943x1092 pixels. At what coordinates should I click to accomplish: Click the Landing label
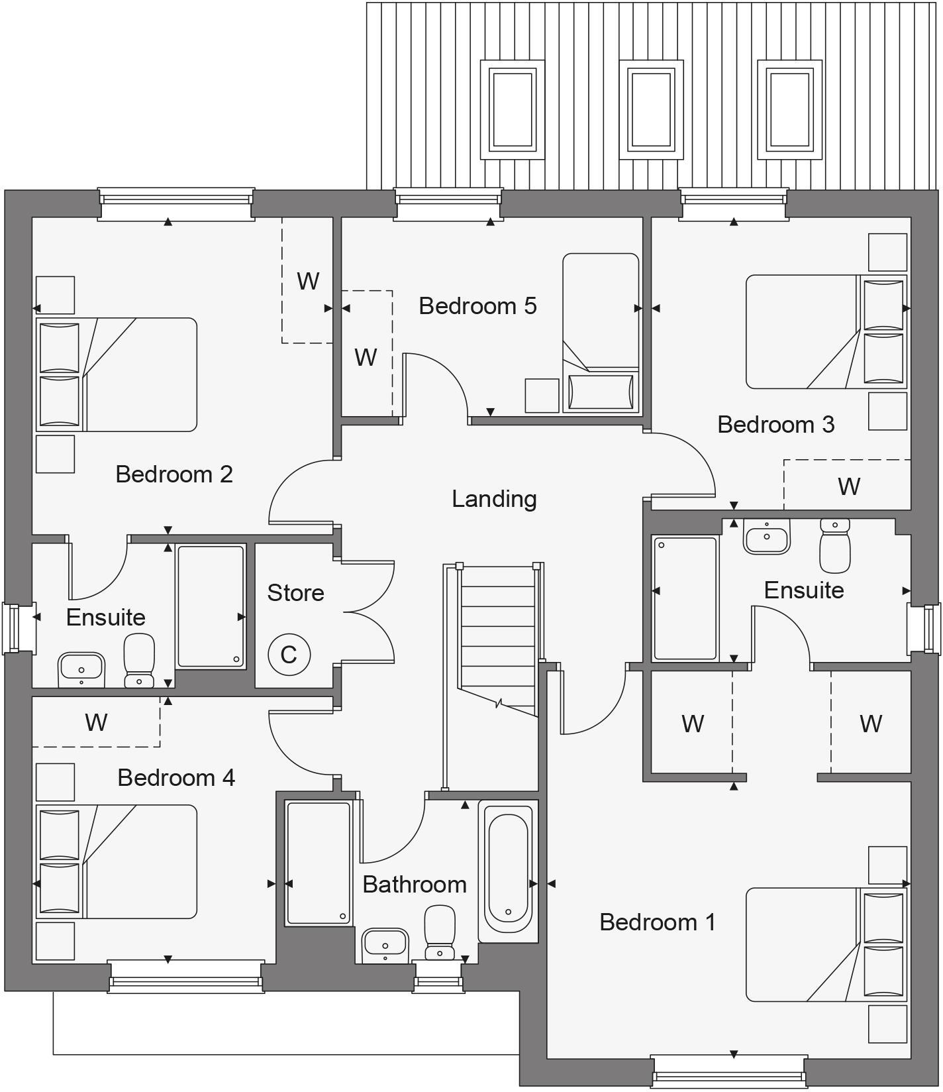tap(494, 499)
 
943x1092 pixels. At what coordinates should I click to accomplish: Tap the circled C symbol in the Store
tap(289, 655)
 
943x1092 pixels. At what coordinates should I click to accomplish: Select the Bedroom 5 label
tap(477, 306)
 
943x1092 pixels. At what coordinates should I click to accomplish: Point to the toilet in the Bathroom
tap(439, 933)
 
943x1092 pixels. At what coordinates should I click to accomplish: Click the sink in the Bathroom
tap(385, 944)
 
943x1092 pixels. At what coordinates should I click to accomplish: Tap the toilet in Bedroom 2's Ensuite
tap(139, 661)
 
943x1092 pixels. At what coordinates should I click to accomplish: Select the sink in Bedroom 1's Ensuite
tap(767, 535)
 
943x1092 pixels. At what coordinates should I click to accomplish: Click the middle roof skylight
tap(651, 109)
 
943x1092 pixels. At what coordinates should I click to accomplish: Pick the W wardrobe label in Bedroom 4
tap(97, 722)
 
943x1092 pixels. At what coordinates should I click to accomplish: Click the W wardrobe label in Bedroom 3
tap(849, 486)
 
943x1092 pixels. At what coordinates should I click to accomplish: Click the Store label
tap(295, 593)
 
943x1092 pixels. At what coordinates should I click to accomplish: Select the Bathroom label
tap(415, 885)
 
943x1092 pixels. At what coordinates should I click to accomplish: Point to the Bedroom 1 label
tap(658, 922)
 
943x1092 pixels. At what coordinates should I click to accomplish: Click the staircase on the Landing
tap(497, 636)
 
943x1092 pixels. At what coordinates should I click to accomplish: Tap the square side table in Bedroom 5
tap(542, 395)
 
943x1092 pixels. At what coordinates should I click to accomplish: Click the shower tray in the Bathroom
tap(318, 863)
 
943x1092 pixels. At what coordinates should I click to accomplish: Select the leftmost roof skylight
tap(512, 109)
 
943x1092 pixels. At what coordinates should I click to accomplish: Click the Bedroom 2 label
tap(174, 474)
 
